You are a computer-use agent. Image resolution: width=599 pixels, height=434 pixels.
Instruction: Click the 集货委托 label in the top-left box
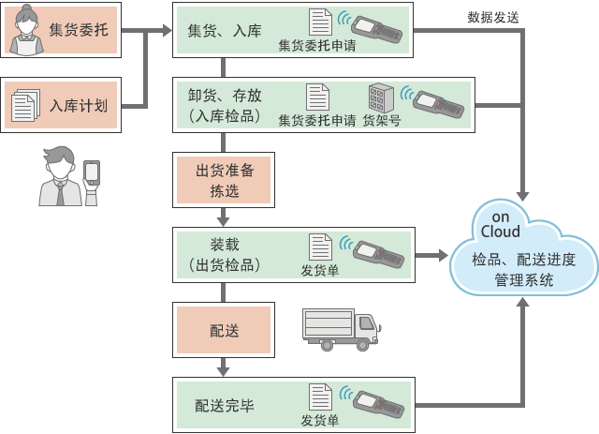pos(78,31)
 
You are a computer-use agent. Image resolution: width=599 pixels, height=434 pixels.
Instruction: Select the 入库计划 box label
pos(78,105)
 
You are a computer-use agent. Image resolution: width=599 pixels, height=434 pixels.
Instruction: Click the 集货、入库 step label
pos(224,30)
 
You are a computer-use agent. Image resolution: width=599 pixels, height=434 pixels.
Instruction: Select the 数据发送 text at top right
pos(494,18)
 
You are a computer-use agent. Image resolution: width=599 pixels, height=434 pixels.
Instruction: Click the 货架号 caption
pos(382,120)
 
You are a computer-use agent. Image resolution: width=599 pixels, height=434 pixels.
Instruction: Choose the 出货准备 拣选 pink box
pos(223,181)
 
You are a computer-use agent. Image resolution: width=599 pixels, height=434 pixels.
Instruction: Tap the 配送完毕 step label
pos(225,405)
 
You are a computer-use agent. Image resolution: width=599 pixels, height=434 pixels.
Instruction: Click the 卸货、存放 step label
pos(224,97)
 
